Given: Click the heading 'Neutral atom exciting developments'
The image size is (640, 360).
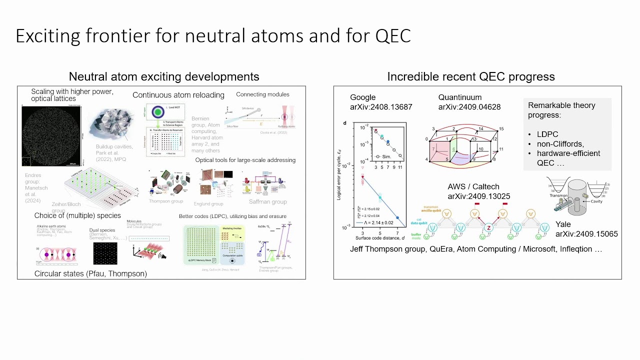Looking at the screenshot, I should (x=163, y=76).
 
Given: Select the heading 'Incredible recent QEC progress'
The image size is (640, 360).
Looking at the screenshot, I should (x=470, y=76).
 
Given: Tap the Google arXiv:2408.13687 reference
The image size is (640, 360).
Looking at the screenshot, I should (x=380, y=102).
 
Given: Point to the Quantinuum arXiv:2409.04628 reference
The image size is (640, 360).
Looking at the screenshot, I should (x=469, y=102).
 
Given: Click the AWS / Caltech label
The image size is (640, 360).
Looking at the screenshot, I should (x=473, y=187).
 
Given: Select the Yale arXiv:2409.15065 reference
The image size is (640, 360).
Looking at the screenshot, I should (x=586, y=229).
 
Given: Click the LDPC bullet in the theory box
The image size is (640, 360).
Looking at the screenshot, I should (x=547, y=135).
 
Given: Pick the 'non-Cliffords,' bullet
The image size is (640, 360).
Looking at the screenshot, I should (x=560, y=144).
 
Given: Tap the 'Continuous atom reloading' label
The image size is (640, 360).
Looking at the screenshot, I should (x=178, y=95).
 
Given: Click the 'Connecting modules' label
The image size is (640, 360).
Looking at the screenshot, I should (x=262, y=94).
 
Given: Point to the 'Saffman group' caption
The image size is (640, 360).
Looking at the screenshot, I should (x=267, y=201).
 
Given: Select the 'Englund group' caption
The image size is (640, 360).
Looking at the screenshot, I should (x=208, y=203).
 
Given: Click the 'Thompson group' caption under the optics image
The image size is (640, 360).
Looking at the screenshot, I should (x=166, y=201).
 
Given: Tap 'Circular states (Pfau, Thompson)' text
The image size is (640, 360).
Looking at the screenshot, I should (x=90, y=273).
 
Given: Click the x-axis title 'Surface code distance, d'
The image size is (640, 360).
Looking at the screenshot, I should (x=379, y=238).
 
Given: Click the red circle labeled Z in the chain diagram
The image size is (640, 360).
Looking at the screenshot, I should (x=489, y=228).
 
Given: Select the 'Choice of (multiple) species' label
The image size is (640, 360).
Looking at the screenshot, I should (x=77, y=215).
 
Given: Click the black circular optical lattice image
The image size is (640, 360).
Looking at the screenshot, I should (x=51, y=135).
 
